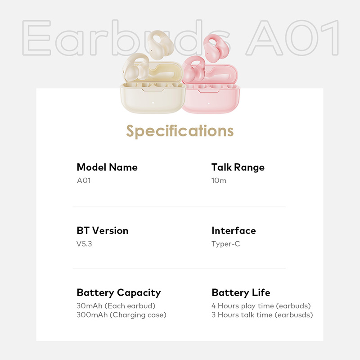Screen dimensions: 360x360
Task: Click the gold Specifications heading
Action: pyautogui.click(x=180, y=131)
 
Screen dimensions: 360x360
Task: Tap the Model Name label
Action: pyautogui.click(x=107, y=167)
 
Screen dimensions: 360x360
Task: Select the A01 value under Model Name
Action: pyautogui.click(x=84, y=181)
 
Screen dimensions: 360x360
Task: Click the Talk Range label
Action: pyautogui.click(x=238, y=167)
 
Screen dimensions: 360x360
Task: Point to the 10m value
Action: pyautogui.click(x=219, y=181)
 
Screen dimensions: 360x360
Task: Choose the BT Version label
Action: pyautogui.click(x=103, y=230)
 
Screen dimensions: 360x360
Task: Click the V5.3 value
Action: pyautogui.click(x=85, y=244)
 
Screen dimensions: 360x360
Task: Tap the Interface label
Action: pyautogui.click(x=234, y=230)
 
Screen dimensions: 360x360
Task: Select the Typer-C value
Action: pyautogui.click(x=225, y=244)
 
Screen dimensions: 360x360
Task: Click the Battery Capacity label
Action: pyautogui.click(x=119, y=292)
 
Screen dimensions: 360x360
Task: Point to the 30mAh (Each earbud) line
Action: pyautogui.click(x=116, y=306)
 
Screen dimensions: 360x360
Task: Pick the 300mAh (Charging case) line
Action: pyautogui.click(x=121, y=315)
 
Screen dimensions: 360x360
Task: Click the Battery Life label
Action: pyautogui.click(x=241, y=292)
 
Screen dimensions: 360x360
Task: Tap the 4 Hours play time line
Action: pyautogui.click(x=261, y=306)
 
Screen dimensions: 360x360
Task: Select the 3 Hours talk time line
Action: pyautogui.click(x=262, y=315)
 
